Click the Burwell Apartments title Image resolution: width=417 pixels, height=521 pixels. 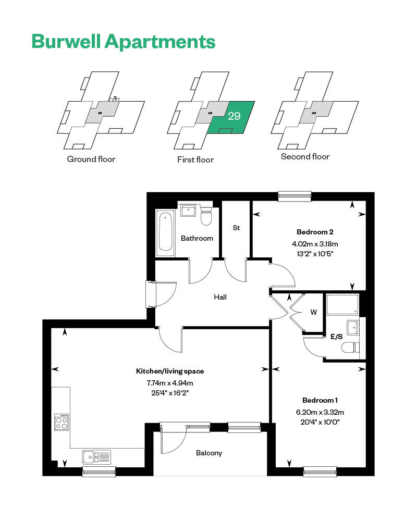(x=123, y=41)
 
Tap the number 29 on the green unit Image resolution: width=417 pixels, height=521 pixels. (x=234, y=116)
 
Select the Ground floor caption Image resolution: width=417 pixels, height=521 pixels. (x=91, y=159)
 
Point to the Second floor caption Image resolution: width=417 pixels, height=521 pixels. (x=305, y=156)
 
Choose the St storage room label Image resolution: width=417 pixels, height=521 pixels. (x=236, y=228)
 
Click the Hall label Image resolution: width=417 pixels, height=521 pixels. (x=220, y=297)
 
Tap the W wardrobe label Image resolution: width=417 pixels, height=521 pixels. (x=313, y=313)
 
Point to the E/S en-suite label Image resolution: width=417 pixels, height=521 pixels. (x=337, y=337)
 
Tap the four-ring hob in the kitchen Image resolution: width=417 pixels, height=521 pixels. (x=62, y=421)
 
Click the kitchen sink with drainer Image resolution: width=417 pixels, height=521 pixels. (x=96, y=457)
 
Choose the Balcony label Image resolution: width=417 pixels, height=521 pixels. (x=209, y=453)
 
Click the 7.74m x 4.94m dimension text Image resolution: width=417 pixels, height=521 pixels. (x=170, y=383)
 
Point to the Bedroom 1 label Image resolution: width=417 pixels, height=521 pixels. (x=320, y=400)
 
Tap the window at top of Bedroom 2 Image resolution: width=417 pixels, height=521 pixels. (x=295, y=196)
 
